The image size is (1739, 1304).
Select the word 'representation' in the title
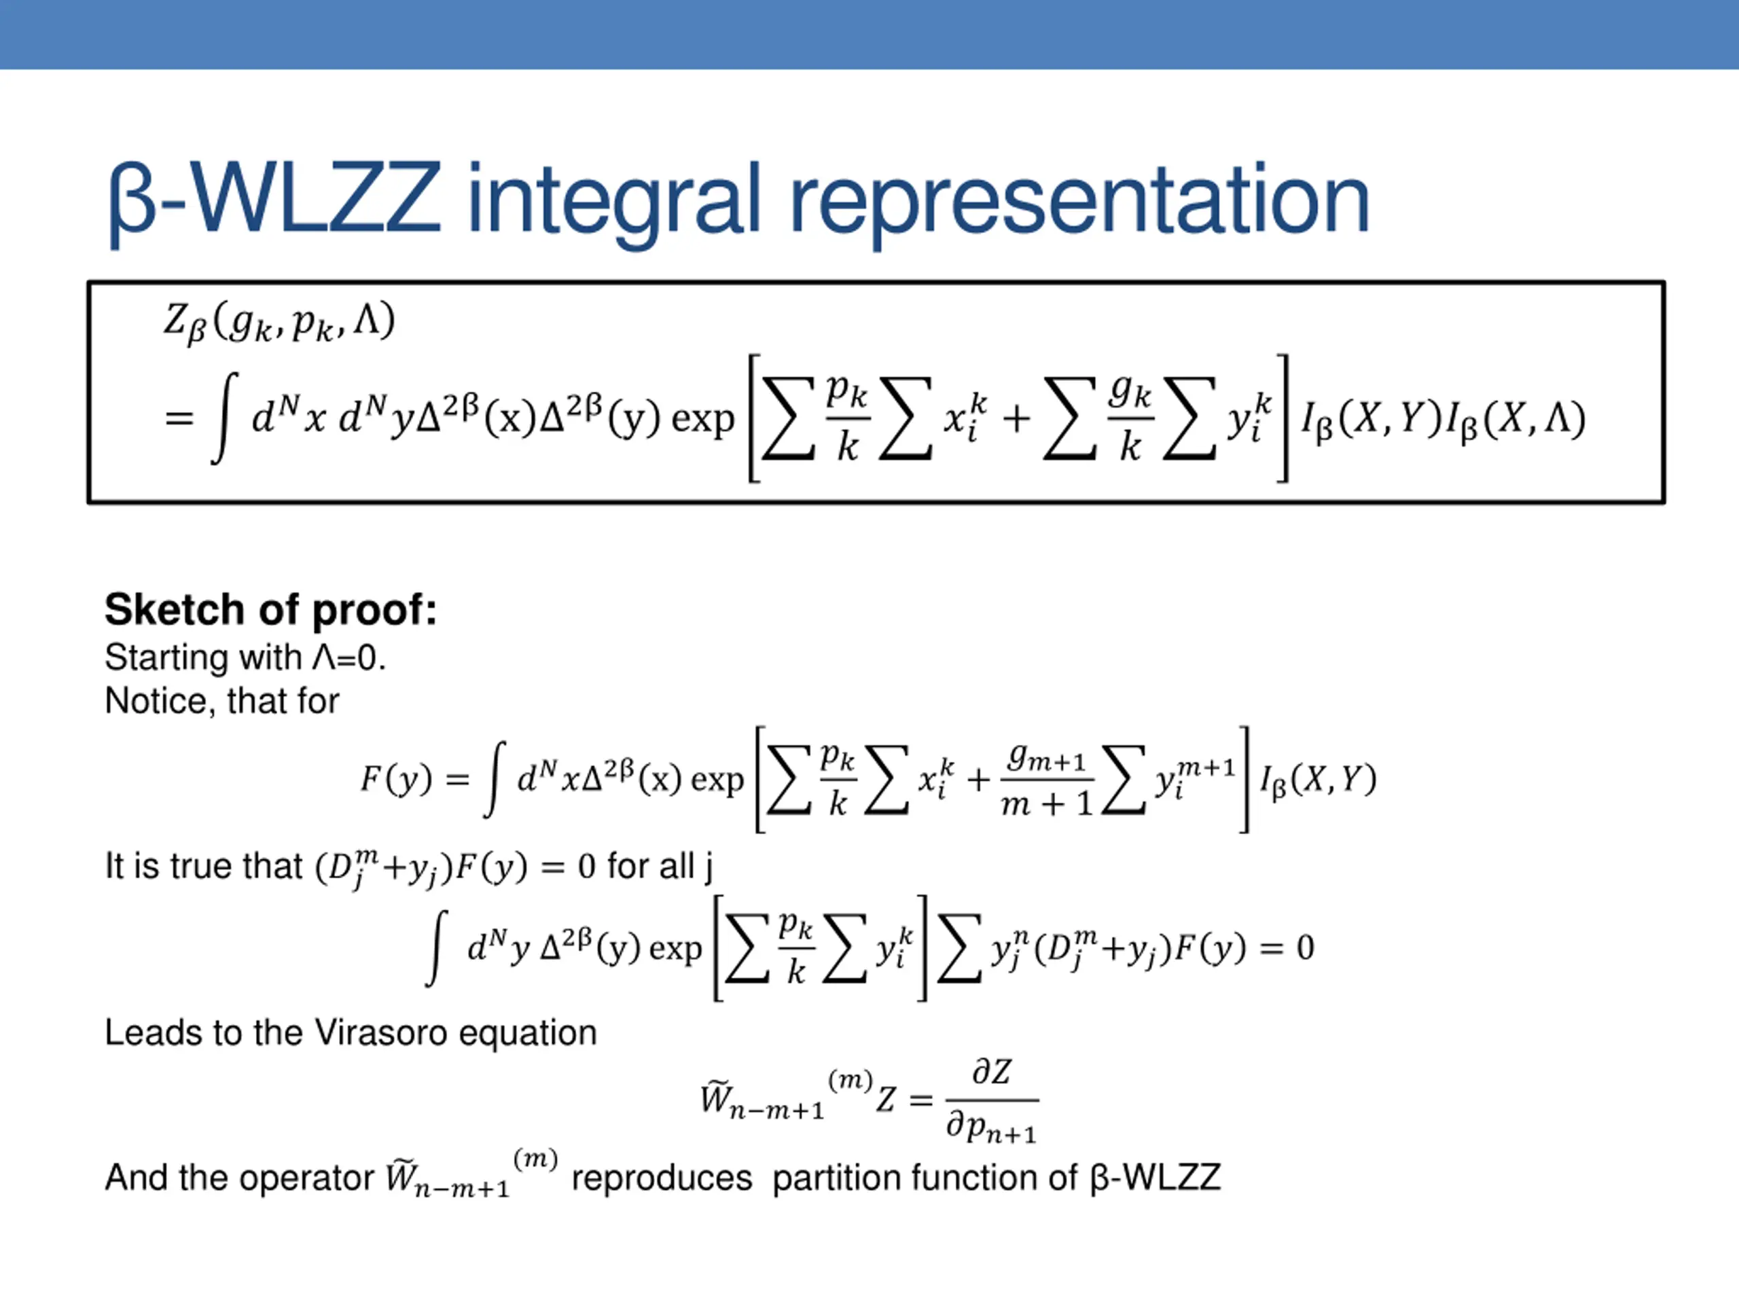(x=1079, y=200)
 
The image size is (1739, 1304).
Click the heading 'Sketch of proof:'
(x=270, y=610)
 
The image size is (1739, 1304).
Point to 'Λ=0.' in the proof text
(x=349, y=657)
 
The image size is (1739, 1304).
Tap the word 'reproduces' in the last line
(x=661, y=1178)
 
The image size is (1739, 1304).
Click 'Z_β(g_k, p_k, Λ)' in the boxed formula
(x=279, y=323)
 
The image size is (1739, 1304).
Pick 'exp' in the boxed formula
(x=702, y=419)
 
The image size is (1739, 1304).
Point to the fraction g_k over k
(x=1130, y=419)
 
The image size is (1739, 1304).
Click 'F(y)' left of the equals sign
(x=396, y=779)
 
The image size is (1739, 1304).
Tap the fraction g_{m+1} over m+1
(x=1046, y=780)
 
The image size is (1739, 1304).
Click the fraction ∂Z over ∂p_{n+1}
(x=991, y=1100)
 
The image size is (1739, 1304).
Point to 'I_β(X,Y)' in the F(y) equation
(x=1318, y=779)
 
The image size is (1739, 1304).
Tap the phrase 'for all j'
(x=660, y=866)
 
